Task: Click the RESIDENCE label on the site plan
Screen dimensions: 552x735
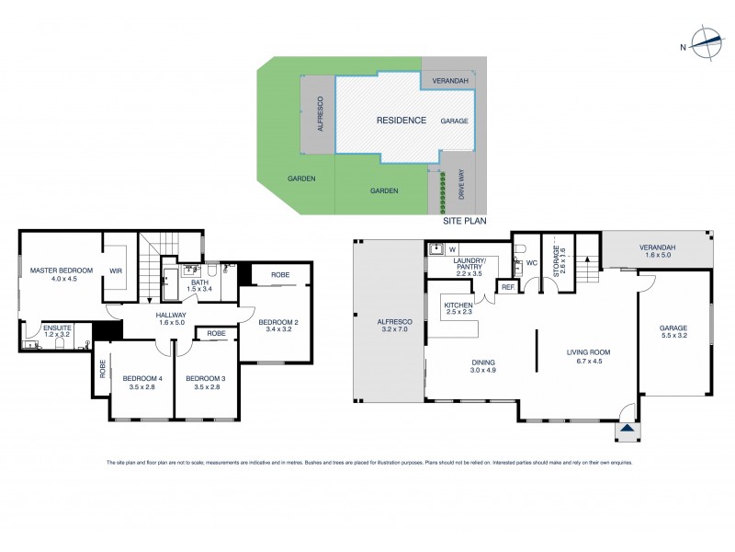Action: point(401,121)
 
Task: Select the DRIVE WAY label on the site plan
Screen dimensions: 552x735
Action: point(462,187)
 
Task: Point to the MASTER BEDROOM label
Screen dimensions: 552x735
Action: point(57,270)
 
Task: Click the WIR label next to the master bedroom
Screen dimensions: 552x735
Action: point(116,271)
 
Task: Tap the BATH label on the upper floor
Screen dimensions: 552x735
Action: point(199,282)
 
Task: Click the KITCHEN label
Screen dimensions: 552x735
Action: point(458,305)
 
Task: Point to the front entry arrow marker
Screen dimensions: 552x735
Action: point(627,428)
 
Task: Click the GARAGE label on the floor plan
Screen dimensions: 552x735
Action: point(674,328)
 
